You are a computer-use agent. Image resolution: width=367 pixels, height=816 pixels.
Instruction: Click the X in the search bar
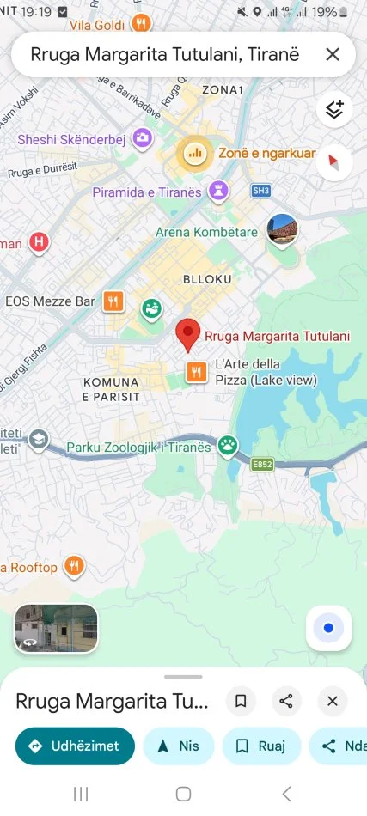coord(333,55)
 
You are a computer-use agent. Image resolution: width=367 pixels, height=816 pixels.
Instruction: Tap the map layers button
coord(334,110)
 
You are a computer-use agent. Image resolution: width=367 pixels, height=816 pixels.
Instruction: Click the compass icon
coord(334,161)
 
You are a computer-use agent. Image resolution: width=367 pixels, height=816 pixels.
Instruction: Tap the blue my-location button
coord(327,629)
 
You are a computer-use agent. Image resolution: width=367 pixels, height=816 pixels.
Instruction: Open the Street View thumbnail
coord(56,629)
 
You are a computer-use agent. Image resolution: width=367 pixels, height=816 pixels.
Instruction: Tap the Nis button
coord(178,746)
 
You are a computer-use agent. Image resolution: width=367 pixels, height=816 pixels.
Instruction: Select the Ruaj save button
coord(261,746)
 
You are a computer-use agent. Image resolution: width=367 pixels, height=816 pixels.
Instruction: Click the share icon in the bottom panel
coord(286,701)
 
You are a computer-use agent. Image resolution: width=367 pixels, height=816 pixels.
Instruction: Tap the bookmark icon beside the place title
coord(241,701)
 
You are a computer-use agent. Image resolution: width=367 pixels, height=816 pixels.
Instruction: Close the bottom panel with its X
coord(333,701)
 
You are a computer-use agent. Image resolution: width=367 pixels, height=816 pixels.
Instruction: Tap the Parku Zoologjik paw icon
coord(228,444)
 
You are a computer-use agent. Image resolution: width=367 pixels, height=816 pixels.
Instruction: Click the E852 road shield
coord(262,465)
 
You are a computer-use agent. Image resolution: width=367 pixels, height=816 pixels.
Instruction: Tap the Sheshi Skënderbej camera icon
coord(143,137)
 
